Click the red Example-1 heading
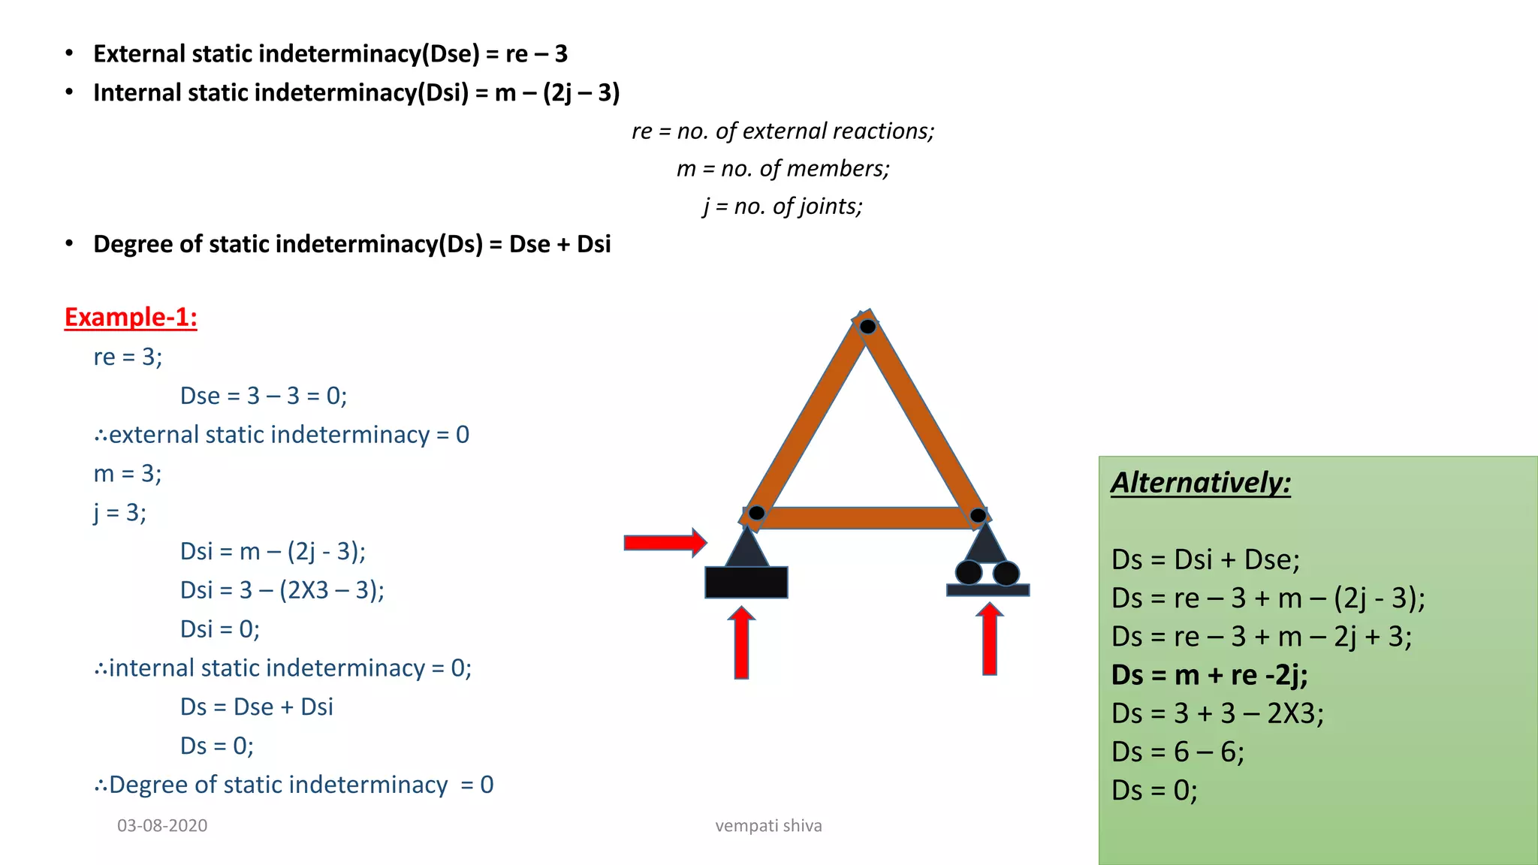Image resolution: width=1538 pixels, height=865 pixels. pos(131,317)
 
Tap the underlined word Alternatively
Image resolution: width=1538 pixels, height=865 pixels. pos(1200,482)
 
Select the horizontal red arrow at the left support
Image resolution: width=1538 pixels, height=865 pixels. pos(665,542)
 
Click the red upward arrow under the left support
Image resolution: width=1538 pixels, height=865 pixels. pos(741,643)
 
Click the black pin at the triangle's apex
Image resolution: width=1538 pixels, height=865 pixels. pos(867,327)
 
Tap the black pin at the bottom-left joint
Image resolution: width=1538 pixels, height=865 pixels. pos(756,513)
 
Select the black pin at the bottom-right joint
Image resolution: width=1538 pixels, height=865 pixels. pos(978,515)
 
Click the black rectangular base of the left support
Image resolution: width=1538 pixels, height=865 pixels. pos(746,583)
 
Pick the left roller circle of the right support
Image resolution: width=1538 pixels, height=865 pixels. pos(969,573)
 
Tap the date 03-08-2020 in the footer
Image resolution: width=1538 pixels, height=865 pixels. pos(162,826)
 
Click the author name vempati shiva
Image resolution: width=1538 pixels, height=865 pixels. pos(768,826)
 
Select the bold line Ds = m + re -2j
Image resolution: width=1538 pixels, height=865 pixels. pos(1209,675)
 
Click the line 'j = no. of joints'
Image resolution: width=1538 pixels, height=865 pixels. pos(783,206)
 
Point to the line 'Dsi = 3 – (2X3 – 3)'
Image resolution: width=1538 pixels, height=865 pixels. pos(282,590)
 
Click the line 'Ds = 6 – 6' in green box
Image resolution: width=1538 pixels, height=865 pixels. pos(1178,752)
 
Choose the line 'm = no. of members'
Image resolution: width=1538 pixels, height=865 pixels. pos(783,168)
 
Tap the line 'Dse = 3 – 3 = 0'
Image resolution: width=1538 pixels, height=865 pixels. pos(263,396)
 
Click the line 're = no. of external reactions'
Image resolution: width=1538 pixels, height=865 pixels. pos(783,131)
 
